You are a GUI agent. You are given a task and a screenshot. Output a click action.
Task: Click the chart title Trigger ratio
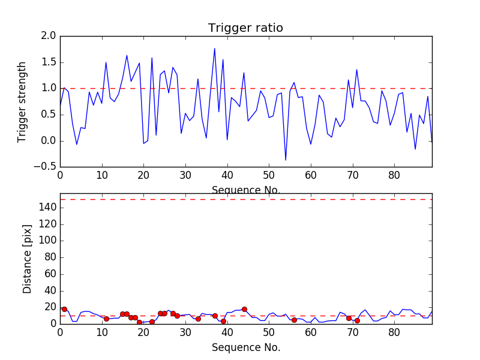(x=245, y=28)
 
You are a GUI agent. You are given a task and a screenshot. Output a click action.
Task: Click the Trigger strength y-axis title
(x=22, y=101)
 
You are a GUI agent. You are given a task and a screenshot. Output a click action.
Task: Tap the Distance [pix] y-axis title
(x=28, y=259)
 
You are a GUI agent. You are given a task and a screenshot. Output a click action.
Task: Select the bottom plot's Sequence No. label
(x=245, y=347)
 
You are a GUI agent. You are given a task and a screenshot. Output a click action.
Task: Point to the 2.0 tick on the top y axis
(x=49, y=36)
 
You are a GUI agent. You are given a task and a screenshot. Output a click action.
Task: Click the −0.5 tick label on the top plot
(x=45, y=167)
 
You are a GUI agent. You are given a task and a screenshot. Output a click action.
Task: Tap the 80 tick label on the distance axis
(x=50, y=257)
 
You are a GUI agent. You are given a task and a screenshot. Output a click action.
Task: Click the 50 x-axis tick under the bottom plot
(x=269, y=332)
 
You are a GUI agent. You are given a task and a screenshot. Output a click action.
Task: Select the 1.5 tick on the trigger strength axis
(x=49, y=62)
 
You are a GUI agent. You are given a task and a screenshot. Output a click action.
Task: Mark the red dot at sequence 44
(x=244, y=309)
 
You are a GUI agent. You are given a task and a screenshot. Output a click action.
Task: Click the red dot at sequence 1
(x=64, y=309)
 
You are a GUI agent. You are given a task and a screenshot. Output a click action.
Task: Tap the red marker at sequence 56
(x=294, y=320)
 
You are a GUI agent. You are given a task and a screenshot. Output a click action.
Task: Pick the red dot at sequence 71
(x=357, y=320)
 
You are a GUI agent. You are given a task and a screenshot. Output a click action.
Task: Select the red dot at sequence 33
(x=198, y=319)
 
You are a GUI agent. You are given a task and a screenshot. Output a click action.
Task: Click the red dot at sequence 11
(x=106, y=319)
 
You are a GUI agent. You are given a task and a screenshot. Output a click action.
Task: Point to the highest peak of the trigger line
(x=215, y=49)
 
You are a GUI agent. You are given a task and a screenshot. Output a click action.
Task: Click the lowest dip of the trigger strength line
(x=286, y=160)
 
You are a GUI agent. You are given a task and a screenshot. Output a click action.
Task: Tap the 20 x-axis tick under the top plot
(x=143, y=176)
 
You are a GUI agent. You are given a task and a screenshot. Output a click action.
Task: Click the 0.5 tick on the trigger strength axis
(x=49, y=115)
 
